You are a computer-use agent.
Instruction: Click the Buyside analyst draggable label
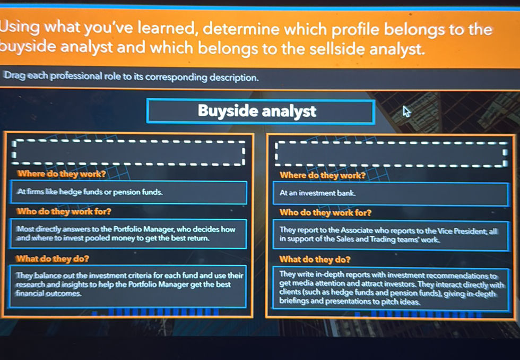point(260,111)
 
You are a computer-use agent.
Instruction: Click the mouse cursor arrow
point(406,112)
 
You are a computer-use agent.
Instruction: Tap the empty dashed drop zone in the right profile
point(390,154)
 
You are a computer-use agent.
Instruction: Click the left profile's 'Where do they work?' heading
point(61,174)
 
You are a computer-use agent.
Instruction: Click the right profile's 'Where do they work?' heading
point(323,175)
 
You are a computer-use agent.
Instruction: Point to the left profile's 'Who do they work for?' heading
point(64,211)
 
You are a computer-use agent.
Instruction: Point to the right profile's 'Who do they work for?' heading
point(325,213)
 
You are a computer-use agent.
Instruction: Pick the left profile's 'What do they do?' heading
point(53,259)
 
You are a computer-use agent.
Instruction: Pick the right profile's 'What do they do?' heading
point(315,259)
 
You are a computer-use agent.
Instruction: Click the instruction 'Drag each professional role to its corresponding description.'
point(132,78)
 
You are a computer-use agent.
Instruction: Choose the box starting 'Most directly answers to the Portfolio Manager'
point(127,234)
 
